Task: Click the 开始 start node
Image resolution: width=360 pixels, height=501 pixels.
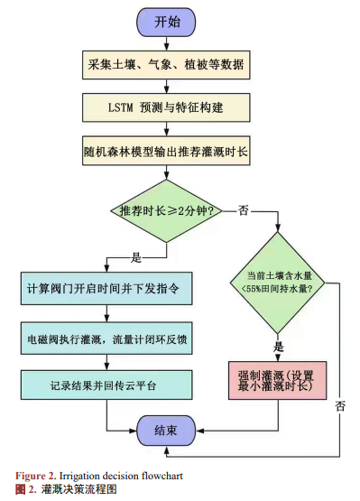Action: tap(166, 22)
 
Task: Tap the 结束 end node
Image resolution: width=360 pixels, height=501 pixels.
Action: tap(166, 431)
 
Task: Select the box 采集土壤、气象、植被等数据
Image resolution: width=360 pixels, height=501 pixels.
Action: tap(166, 65)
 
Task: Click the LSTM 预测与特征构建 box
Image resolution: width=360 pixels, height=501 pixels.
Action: tap(166, 107)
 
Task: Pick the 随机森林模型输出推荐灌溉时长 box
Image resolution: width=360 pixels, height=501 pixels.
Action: tap(166, 151)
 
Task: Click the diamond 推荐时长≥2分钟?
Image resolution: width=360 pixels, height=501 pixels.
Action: tap(166, 211)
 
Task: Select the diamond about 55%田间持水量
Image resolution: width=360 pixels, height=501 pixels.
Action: tap(278, 283)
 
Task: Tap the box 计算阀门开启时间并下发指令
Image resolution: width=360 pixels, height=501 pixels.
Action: tap(106, 289)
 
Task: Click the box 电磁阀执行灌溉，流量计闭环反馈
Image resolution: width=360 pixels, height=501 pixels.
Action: tap(106, 339)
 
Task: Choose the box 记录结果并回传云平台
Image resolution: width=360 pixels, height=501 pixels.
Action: tap(106, 385)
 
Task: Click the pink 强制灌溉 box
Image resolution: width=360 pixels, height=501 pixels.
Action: tap(277, 381)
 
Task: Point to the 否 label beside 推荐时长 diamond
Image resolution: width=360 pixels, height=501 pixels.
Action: tap(243, 210)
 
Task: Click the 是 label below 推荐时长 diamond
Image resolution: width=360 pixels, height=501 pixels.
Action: tap(136, 257)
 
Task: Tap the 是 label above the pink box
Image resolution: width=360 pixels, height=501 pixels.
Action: tap(279, 347)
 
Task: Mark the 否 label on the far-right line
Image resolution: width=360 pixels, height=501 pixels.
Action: tap(340, 406)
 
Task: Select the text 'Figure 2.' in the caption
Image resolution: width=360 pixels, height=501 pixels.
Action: tap(36, 476)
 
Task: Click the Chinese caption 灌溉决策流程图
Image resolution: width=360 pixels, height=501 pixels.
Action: tap(78, 489)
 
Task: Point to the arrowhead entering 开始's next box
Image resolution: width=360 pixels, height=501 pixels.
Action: tap(166, 47)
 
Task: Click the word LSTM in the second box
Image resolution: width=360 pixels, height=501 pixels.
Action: tap(121, 107)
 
